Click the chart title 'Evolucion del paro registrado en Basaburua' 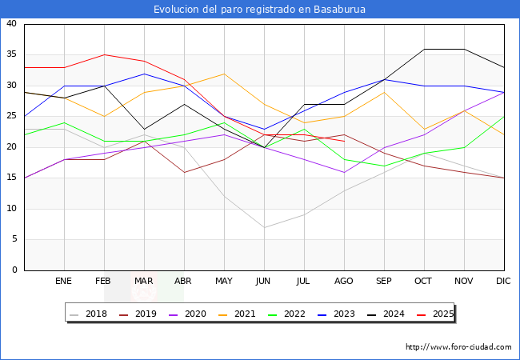pos(260,10)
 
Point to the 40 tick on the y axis pos(12,24)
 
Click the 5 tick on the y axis pos(14,239)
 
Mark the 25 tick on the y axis pos(12,117)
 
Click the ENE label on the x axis pos(64,282)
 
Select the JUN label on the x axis pos(264,282)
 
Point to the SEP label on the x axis pos(384,282)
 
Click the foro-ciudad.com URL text pos(458,347)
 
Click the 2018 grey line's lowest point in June pos(264,227)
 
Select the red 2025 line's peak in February pos(104,55)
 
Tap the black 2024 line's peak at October pos(424,49)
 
